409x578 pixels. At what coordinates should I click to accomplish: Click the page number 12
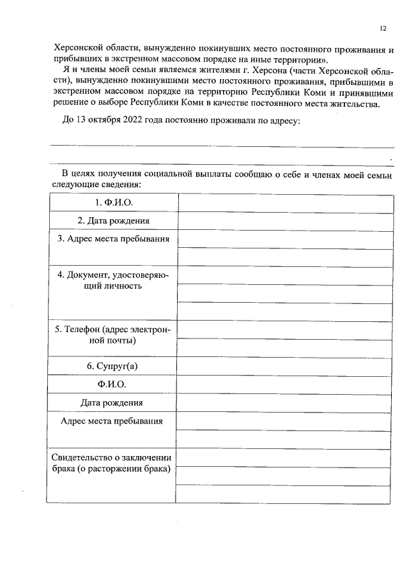coord(383,28)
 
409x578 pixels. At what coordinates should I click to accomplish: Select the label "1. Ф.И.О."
coord(112,202)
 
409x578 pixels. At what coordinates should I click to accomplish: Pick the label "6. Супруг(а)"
coord(112,366)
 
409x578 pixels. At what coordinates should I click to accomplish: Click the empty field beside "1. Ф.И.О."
coord(285,202)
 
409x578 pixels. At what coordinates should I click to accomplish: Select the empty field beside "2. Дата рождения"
coord(285,221)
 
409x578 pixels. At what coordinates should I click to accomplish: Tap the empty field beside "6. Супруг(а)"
coord(285,366)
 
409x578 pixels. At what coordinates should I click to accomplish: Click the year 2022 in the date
coord(137,121)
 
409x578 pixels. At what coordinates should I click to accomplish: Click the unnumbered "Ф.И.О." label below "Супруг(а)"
coord(112,384)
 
